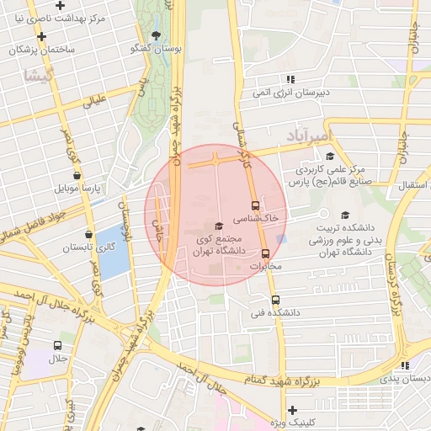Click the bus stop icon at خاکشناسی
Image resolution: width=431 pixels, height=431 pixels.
254,205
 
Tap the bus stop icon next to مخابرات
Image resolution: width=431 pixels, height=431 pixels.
266,253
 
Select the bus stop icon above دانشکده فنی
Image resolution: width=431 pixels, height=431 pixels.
275,300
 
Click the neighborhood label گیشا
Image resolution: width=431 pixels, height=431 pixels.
40,76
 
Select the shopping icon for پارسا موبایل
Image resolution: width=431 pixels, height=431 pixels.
77,175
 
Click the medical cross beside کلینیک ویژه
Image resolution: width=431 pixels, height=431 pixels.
292,410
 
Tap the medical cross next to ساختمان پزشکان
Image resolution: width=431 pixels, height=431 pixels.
40,36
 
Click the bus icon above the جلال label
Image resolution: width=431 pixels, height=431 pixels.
57,345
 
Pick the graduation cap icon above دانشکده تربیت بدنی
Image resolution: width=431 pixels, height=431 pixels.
344,215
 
